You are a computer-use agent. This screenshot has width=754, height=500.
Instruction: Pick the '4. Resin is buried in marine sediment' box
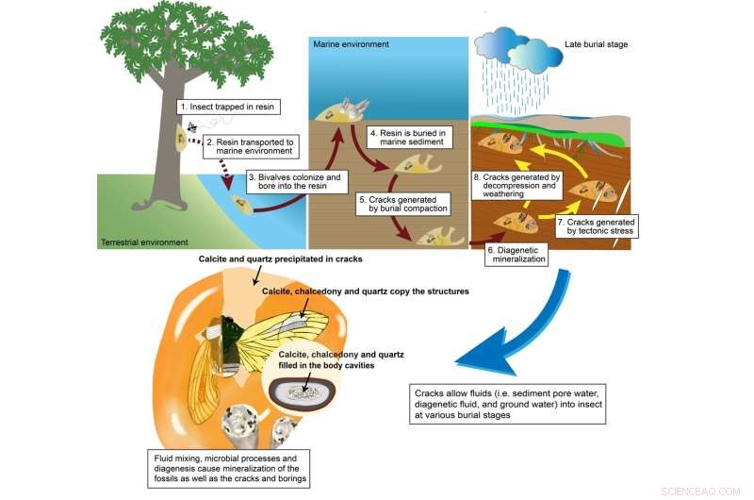407,138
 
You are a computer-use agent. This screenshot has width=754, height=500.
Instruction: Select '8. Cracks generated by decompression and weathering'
515,182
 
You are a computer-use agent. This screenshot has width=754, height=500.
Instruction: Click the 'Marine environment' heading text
351,44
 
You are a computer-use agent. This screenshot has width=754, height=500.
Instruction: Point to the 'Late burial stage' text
597,44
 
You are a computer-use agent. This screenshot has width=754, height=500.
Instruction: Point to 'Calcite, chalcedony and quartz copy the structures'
365,292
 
